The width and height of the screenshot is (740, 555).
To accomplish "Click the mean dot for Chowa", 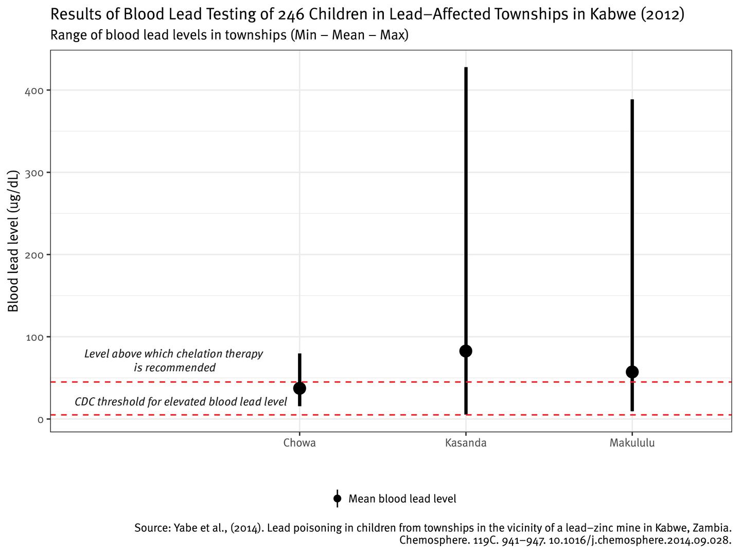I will (299, 388).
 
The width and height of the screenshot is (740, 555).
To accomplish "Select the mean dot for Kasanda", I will (466, 351).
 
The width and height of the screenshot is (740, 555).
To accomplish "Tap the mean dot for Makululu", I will (632, 372).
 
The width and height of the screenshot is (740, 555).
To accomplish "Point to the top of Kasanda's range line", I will (466, 68).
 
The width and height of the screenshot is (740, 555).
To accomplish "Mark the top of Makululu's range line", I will (632, 100).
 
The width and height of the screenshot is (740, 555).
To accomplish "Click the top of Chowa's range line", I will (299, 354).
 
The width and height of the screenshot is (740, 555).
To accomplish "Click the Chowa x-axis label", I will (299, 443).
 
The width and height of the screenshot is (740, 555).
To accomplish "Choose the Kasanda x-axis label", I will (466, 443).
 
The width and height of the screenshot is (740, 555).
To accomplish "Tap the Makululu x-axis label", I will (632, 443).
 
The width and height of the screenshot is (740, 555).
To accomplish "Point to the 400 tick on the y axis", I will (34, 90).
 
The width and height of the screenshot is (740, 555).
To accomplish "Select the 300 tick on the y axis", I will (34, 173).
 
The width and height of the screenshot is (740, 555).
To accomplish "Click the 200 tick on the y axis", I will (34, 255).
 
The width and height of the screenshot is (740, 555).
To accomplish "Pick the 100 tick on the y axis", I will (34, 337).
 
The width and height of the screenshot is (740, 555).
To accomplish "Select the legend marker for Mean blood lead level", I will (337, 498).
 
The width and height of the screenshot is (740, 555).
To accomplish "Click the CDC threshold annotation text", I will (181, 402).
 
